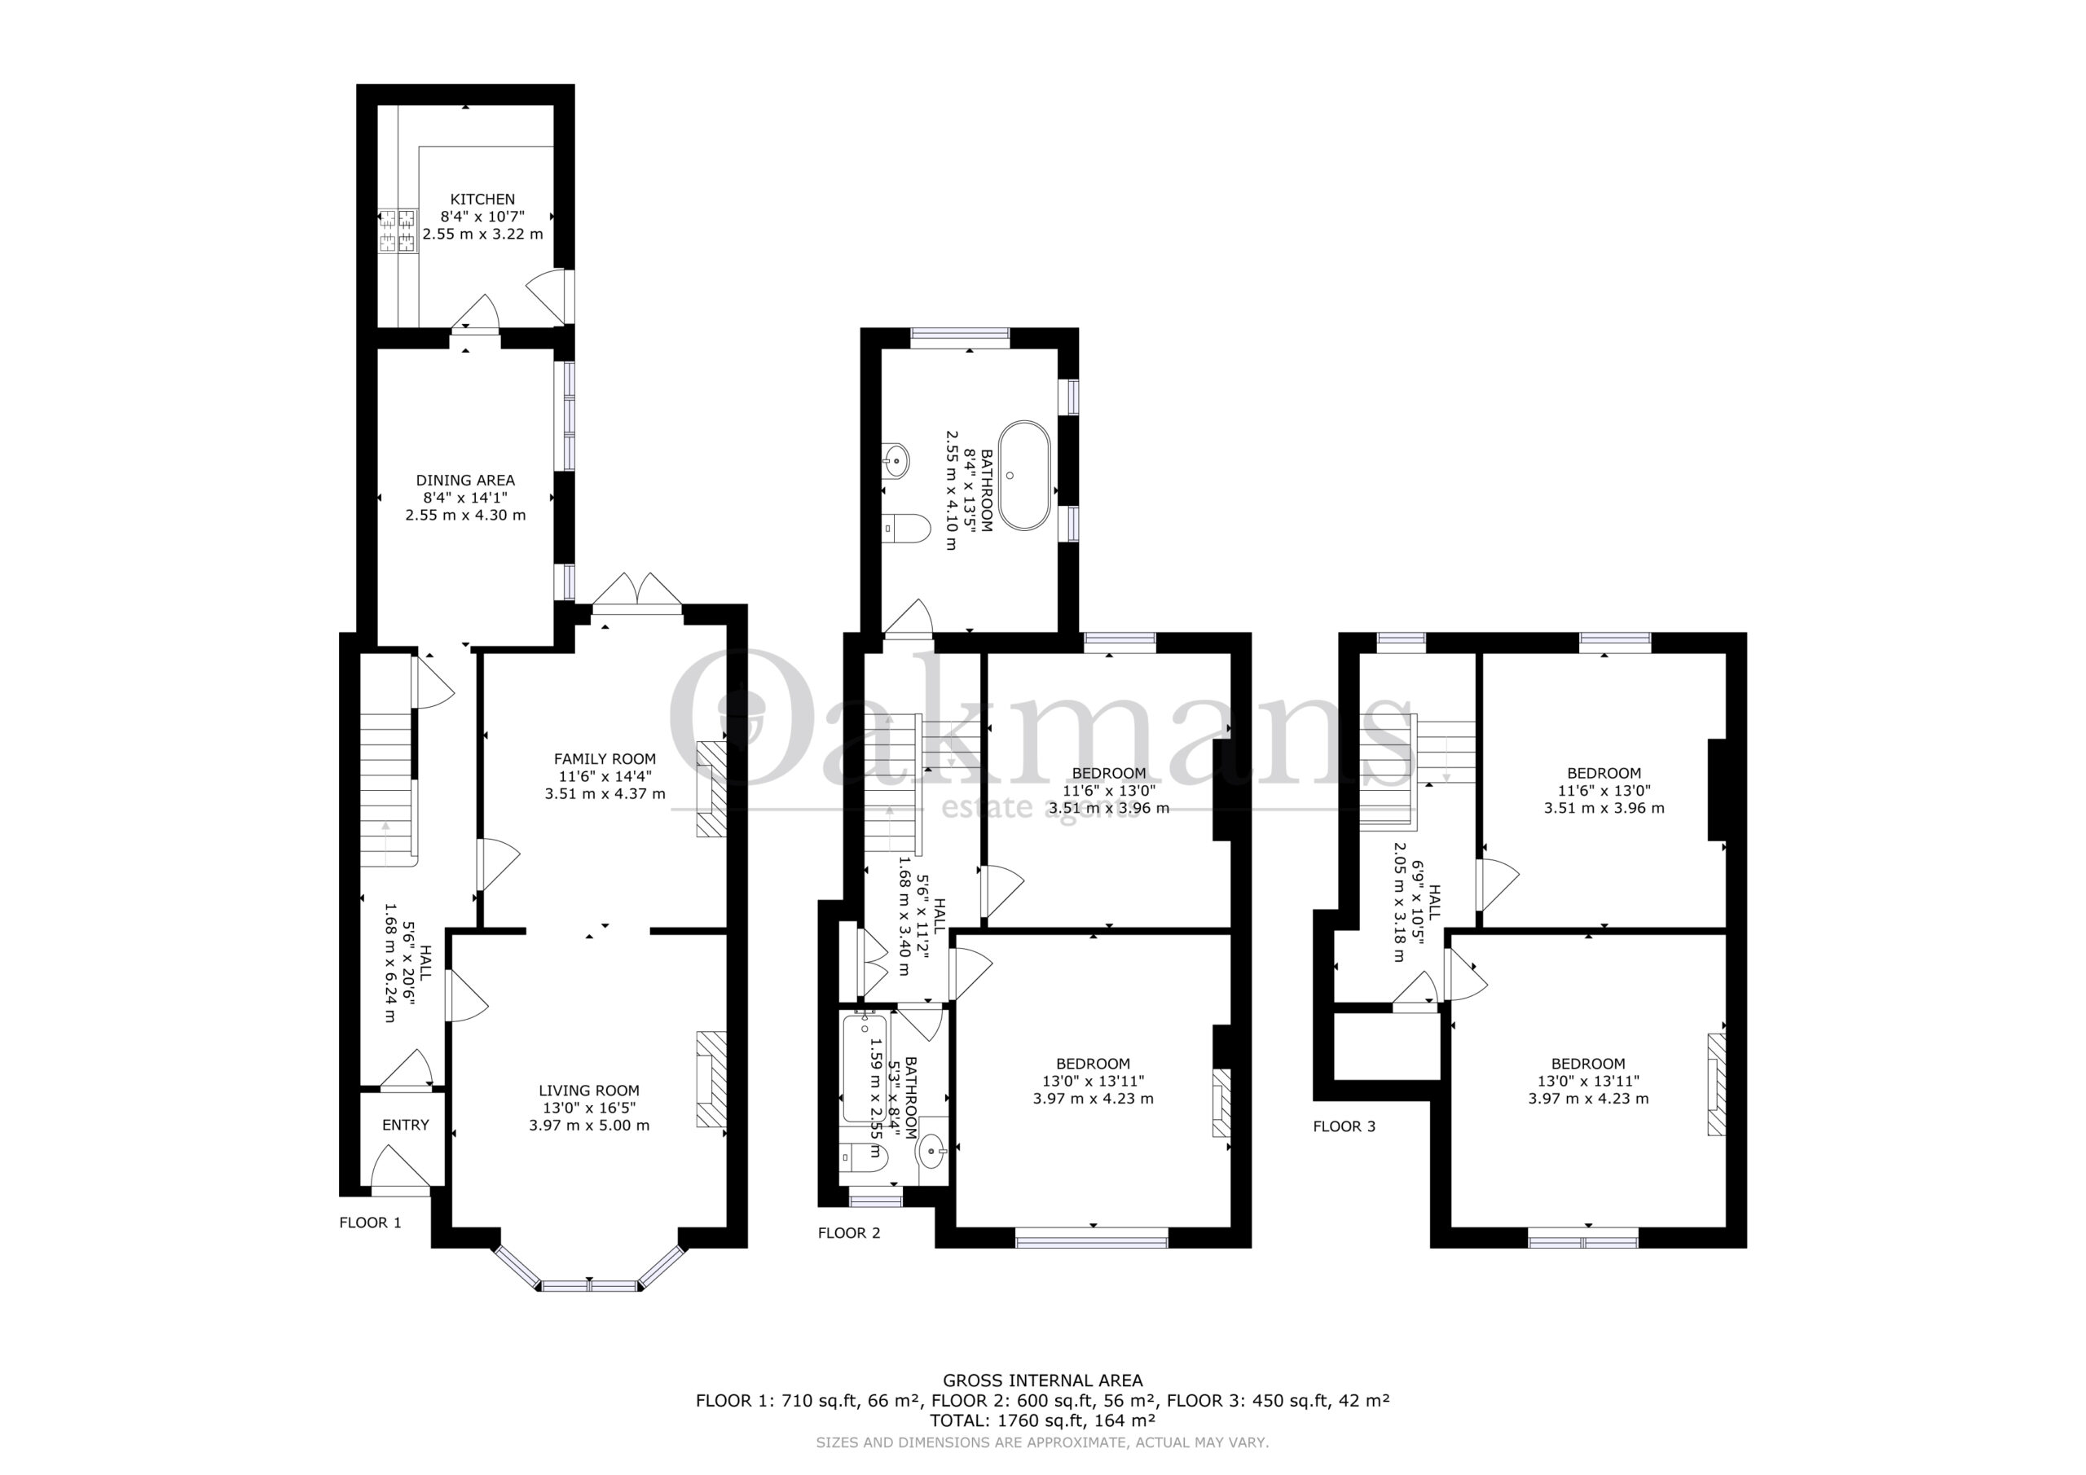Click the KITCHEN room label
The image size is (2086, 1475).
pos(482,199)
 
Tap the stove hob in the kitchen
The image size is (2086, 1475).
pos(396,230)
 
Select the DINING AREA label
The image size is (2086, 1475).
pos(465,480)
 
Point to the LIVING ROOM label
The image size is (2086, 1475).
pos(589,1090)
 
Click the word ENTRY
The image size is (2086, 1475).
pos(405,1125)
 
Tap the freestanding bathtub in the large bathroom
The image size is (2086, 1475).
pos(1024,475)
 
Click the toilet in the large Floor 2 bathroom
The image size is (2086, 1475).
pos(906,528)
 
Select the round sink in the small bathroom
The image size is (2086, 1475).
pos(933,1152)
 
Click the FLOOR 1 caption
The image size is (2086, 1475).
pos(370,1223)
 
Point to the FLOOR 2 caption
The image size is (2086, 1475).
pos(848,1232)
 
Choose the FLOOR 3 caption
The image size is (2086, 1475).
pos(1344,1126)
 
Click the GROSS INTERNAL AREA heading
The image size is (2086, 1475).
pos(1043,1381)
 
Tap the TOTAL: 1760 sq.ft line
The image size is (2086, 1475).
pos(1043,1420)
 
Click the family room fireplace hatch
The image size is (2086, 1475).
pos(712,788)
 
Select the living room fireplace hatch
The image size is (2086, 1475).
pos(712,1079)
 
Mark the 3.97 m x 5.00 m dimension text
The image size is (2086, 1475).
pos(589,1126)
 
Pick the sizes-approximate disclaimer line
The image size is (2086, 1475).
pos(1042,1442)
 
